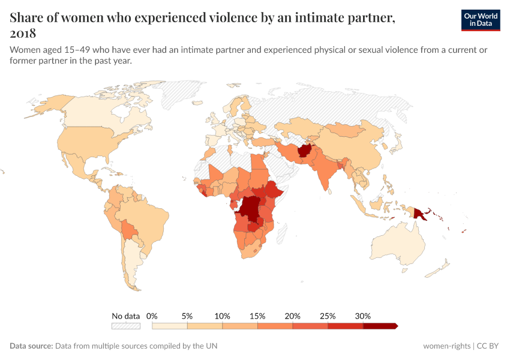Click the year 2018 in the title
tap(23, 33)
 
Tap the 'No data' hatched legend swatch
tap(125, 326)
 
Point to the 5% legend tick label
tap(187, 316)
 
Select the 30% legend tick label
tap(363, 316)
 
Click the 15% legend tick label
tap(257, 316)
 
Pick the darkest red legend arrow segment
tap(379, 326)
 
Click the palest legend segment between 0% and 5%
tap(170, 326)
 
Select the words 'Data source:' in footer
tap(31, 346)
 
